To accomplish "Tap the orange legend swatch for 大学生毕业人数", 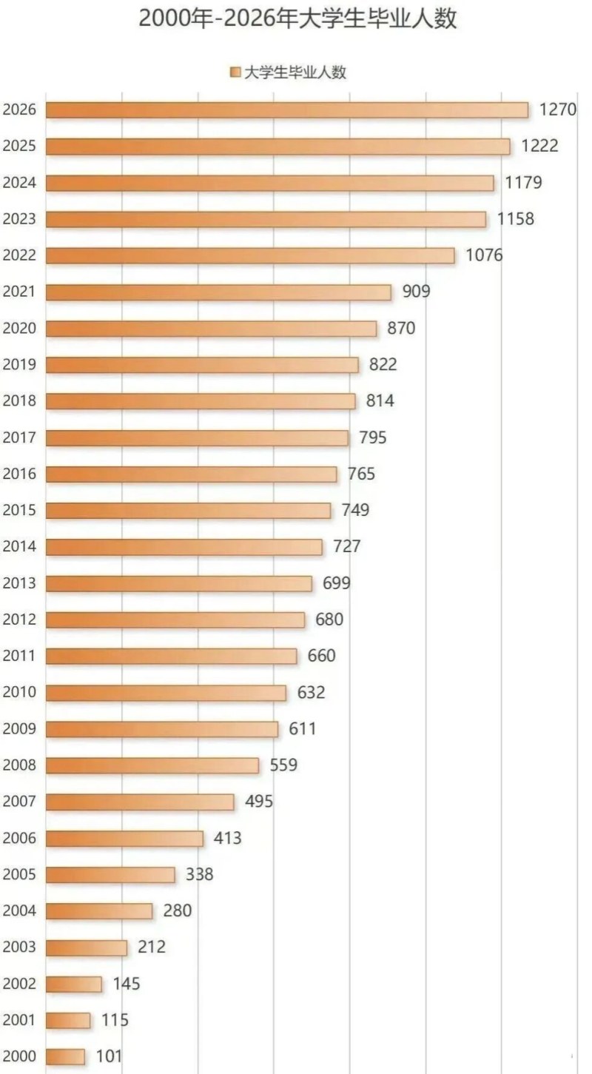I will (x=236, y=72).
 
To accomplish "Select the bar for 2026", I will (x=287, y=110).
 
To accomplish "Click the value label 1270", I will (x=557, y=110).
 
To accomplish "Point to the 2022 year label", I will (x=20, y=255).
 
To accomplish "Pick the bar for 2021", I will (x=218, y=292).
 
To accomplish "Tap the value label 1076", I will (x=484, y=255).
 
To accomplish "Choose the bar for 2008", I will (x=152, y=765).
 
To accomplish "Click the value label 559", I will (x=283, y=765).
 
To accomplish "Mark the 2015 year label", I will (x=20, y=511).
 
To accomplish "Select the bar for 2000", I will (x=65, y=1057).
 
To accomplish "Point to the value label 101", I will (x=109, y=1057).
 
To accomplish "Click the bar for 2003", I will (x=87, y=947).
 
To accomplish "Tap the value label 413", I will (x=227, y=839).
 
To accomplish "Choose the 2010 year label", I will (x=20, y=693).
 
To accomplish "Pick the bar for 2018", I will (x=201, y=401).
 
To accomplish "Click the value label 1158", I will (x=516, y=219).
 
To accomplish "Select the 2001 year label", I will (x=20, y=1021).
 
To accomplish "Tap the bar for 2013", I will (x=179, y=583).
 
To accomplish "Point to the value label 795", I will (x=372, y=437).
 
